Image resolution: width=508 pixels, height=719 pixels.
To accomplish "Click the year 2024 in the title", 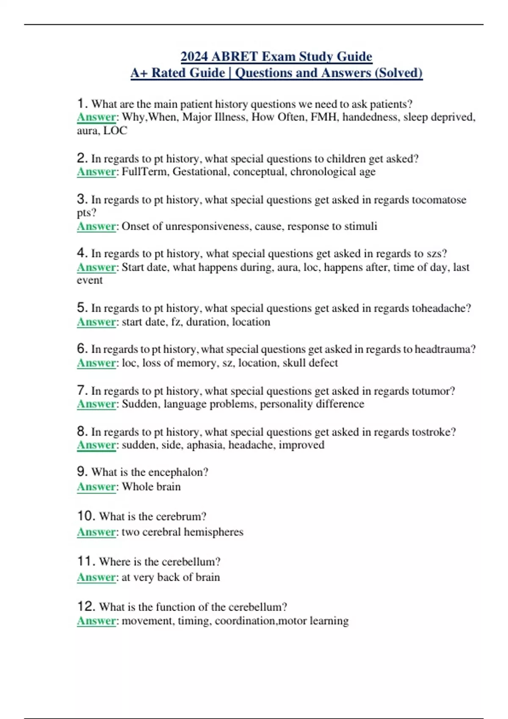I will [x=194, y=56].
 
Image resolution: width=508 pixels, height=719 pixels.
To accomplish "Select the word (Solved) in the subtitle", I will [x=398, y=73].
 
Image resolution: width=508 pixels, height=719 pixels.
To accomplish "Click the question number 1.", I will [x=82, y=103].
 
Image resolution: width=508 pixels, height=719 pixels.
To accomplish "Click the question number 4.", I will [x=82, y=253].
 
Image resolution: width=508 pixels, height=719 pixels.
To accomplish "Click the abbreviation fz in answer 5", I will [x=176, y=322].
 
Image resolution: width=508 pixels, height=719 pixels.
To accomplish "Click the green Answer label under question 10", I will [x=96, y=532].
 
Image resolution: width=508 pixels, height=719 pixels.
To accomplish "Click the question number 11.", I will [x=86, y=561].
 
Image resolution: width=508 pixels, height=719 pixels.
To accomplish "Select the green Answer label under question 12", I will [x=96, y=621].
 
